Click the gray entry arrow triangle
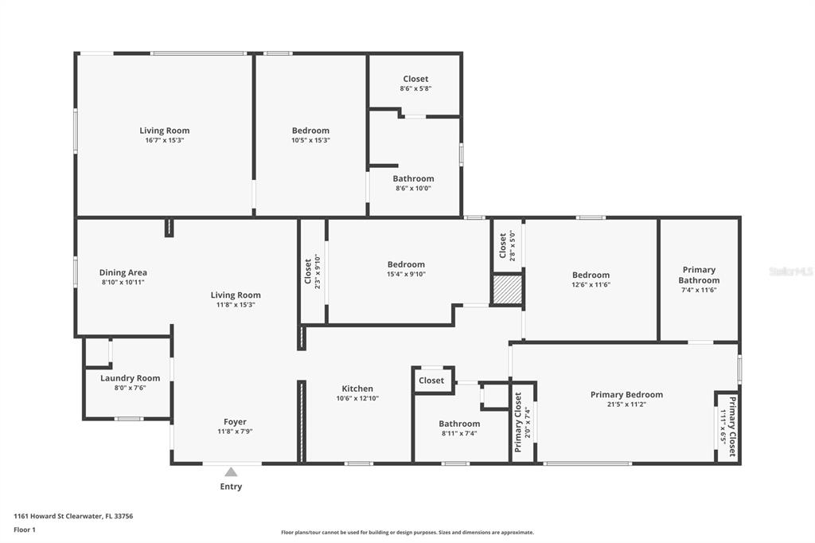231,472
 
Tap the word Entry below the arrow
231,486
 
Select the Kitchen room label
357,389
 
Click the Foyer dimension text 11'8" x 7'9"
235,432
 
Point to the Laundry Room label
130,378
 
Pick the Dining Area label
123,272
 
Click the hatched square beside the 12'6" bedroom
507,289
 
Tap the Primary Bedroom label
626,395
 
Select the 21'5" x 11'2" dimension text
626,404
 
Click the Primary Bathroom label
699,275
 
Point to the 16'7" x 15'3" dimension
164,140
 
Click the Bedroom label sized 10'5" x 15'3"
310,131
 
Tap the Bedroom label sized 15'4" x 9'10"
406,264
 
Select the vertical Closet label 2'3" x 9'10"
308,271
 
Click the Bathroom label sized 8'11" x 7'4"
459,424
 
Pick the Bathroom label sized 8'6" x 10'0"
413,178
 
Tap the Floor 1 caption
25,530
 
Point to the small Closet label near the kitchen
431,381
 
